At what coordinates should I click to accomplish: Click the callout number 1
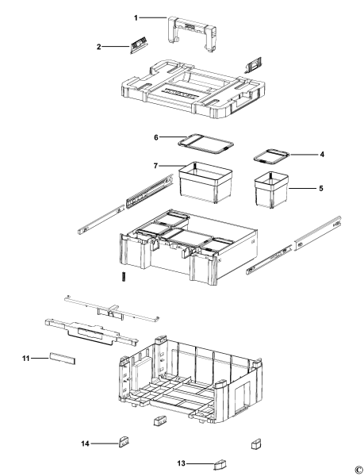tap(136, 17)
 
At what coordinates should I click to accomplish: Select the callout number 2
tap(99, 47)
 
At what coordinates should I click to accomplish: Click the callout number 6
tap(156, 138)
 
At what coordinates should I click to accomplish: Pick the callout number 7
tap(156, 165)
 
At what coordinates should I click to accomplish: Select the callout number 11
tap(25, 359)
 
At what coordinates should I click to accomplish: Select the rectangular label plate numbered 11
tap(61, 359)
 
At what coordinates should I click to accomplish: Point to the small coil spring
tap(124, 277)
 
